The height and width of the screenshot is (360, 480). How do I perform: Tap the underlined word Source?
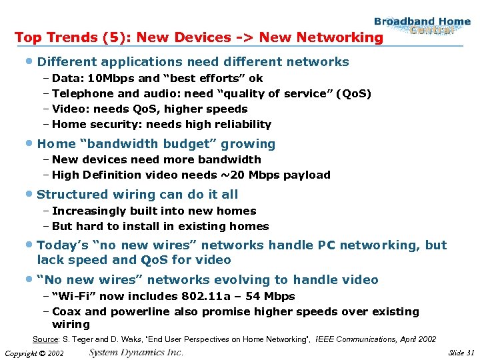[x=45, y=339]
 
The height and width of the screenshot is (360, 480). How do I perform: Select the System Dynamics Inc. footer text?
[x=137, y=352]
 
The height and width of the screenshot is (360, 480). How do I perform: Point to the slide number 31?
[x=471, y=353]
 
